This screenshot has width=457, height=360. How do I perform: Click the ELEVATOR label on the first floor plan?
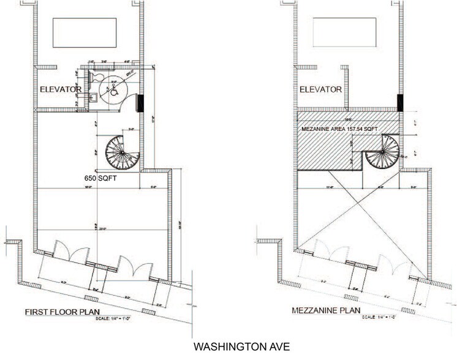pyautogui.click(x=61, y=89)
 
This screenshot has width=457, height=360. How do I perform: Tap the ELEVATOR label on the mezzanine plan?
pyautogui.click(x=320, y=89)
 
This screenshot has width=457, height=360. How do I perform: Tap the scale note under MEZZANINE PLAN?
pyautogui.click(x=378, y=317)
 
